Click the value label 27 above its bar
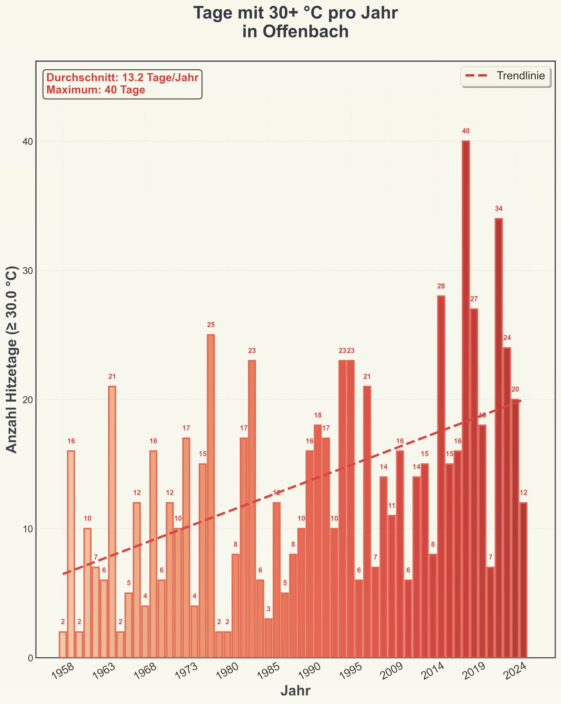pos(474,299)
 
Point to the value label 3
pos(268,609)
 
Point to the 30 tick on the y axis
pos(27,271)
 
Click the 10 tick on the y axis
pos(27,529)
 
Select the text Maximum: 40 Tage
pos(96,90)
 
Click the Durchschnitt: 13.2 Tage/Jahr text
pos(122,77)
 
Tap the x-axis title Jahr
pos(295,691)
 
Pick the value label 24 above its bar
pos(507,338)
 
